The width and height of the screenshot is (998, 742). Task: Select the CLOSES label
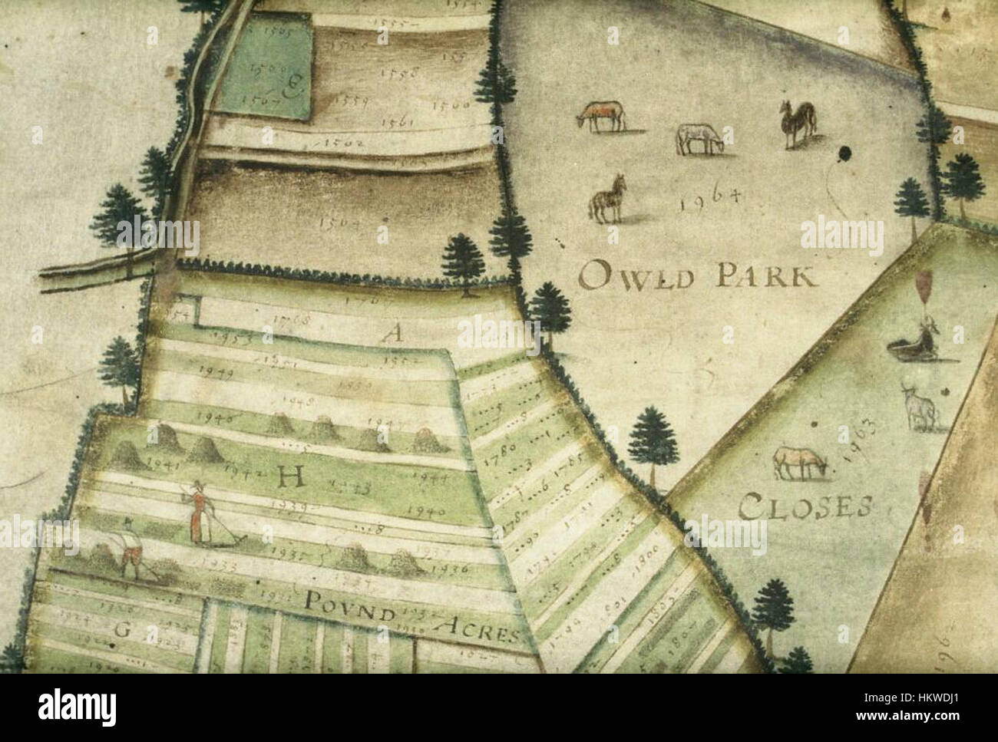806,506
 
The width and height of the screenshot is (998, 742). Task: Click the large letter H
289,480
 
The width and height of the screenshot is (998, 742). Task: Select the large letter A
392,333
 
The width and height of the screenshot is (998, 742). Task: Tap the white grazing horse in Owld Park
699,138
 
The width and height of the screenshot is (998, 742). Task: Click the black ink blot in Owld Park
846,153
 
